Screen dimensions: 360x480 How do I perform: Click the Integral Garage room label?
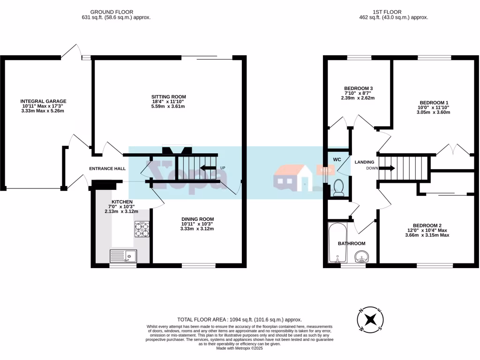pyautogui.click(x=43, y=101)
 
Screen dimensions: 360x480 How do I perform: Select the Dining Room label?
pyautogui.click(x=197, y=219)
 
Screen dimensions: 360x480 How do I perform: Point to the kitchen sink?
pyautogui.click(x=123, y=256)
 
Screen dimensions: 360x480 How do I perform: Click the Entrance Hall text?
pyautogui.click(x=107, y=168)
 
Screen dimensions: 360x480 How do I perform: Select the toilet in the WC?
pyautogui.click(x=338, y=187)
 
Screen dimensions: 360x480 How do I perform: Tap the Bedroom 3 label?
pyautogui.click(x=358, y=89)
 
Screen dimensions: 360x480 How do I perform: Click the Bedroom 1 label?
pyautogui.click(x=434, y=103)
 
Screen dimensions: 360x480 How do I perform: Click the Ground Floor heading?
pyautogui.click(x=112, y=12)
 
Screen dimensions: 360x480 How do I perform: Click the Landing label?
pyautogui.click(x=364, y=162)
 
